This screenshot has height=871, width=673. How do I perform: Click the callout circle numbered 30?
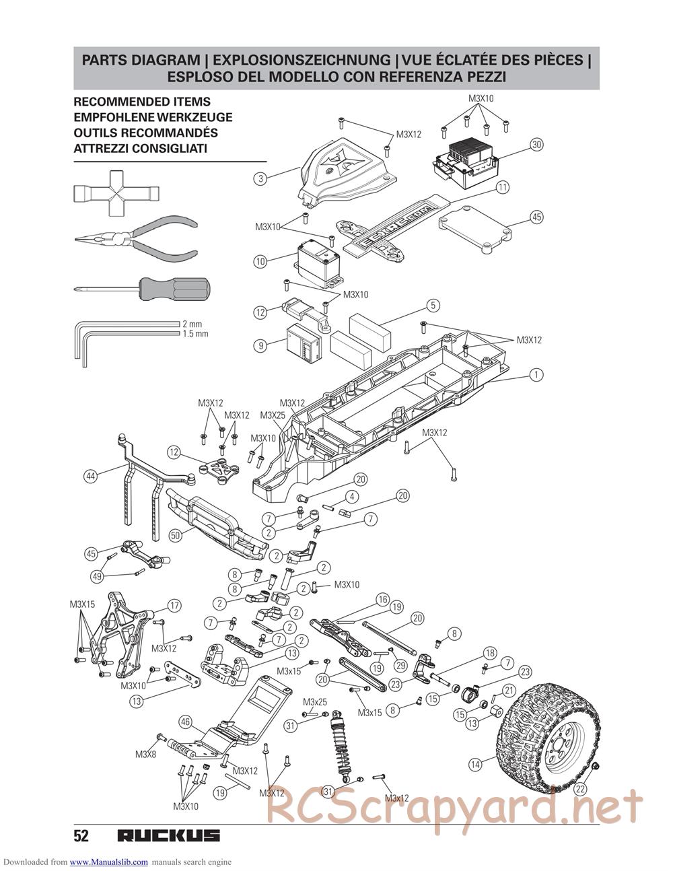(x=536, y=145)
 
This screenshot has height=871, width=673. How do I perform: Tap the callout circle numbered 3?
(x=261, y=178)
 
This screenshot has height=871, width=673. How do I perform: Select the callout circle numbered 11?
(x=502, y=187)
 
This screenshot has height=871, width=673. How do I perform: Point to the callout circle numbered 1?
(x=536, y=375)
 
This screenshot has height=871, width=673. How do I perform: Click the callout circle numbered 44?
(x=90, y=476)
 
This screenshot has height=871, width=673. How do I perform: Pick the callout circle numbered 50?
(x=175, y=536)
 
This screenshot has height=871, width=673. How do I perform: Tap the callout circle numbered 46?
(x=185, y=723)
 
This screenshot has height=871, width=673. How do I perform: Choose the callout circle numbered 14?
(x=475, y=765)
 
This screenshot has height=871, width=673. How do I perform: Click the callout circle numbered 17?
(x=174, y=605)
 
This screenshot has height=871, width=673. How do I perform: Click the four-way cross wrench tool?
(x=116, y=193)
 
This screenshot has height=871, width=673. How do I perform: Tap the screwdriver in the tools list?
(x=143, y=289)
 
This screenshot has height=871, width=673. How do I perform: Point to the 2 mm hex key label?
(x=192, y=324)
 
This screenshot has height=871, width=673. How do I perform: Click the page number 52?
(x=81, y=836)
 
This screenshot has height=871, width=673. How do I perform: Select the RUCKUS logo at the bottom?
(x=169, y=836)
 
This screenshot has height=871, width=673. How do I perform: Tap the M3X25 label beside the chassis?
(x=273, y=415)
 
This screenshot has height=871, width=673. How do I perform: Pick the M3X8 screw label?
(x=145, y=755)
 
